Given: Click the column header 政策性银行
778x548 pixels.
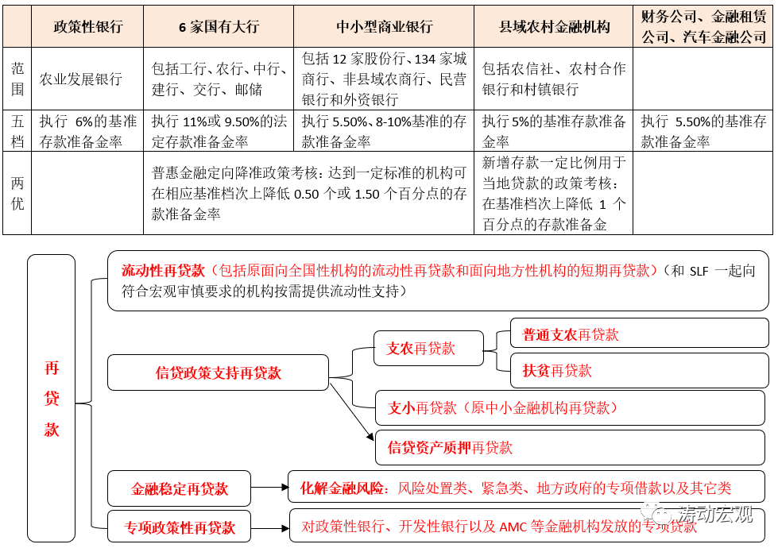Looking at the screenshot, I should click(x=87, y=26).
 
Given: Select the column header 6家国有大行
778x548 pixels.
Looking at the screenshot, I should click(x=219, y=26).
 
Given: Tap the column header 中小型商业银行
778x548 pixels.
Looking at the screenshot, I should click(x=384, y=26).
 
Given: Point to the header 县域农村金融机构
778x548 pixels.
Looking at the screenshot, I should click(x=554, y=26).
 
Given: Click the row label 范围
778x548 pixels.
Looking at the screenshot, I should click(x=17, y=79).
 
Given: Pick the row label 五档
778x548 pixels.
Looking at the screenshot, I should click(x=17, y=131).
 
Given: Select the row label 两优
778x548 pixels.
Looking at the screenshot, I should click(x=17, y=193).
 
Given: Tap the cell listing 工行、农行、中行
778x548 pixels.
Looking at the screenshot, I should click(x=219, y=79).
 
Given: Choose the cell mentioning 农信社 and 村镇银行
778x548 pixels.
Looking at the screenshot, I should click(x=554, y=79).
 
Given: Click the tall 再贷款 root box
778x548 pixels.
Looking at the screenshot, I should click(x=51, y=398).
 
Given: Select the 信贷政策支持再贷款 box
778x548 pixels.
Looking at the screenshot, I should click(x=218, y=372).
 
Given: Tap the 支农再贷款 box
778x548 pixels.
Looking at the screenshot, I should click(x=417, y=348).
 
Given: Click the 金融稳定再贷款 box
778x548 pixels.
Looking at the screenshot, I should click(x=179, y=488).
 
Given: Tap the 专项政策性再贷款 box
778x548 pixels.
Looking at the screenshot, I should click(x=179, y=527).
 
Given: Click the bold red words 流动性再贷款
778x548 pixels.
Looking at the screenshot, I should click(x=163, y=271).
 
